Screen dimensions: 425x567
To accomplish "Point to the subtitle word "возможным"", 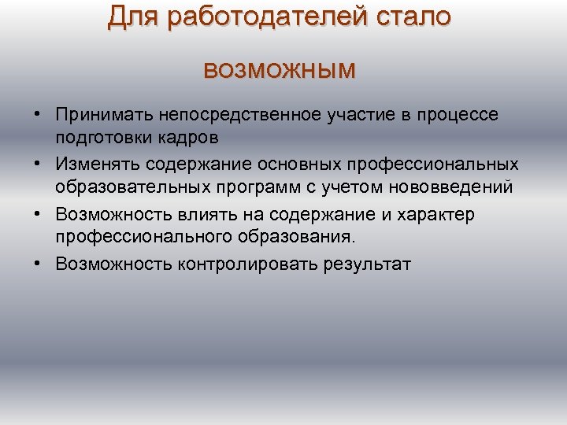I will pos(280,70).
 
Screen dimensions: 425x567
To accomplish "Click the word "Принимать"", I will pos(104,115).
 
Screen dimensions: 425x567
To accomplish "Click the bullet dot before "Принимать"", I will pos(38,115).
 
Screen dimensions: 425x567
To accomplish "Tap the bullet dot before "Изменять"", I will pos(38,164).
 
